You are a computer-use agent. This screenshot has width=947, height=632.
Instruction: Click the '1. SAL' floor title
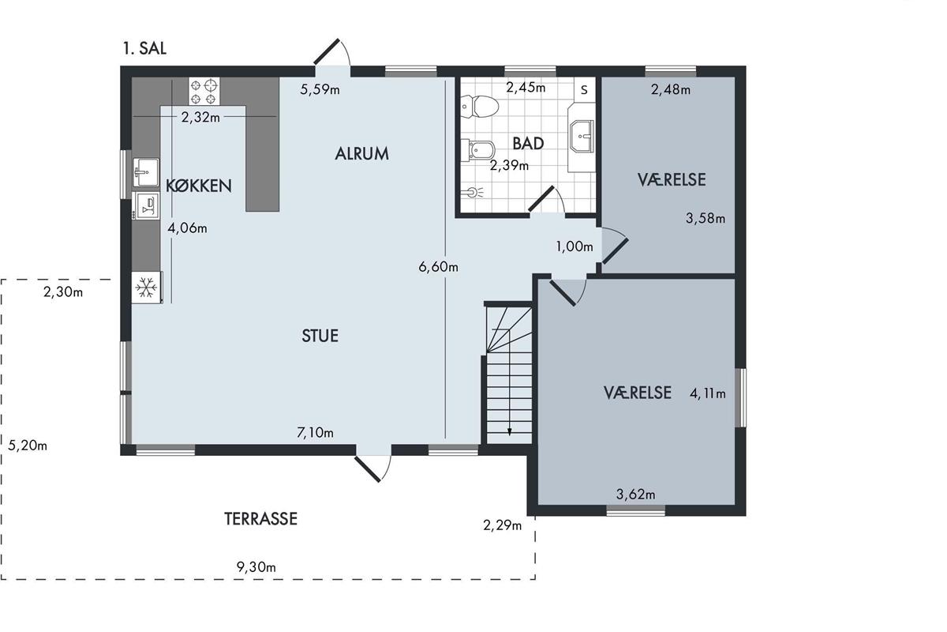[x=144, y=48]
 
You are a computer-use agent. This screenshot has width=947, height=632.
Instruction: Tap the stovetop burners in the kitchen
[x=204, y=92]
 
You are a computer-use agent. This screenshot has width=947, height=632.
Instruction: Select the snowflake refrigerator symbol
[x=146, y=288]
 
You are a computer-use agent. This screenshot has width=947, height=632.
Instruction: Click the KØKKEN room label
[x=199, y=186]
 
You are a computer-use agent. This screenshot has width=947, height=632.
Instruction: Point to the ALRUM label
[x=362, y=154]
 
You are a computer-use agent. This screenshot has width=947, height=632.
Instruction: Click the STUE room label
[x=320, y=336]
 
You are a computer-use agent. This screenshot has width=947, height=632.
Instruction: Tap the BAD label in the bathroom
[x=528, y=144]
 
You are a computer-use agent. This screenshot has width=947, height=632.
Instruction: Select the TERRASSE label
[x=261, y=519]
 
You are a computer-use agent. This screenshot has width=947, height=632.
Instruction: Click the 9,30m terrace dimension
[x=256, y=566]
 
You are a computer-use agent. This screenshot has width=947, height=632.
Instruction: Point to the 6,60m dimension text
[x=439, y=267]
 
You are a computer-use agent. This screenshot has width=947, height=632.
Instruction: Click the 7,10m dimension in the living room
[x=316, y=433]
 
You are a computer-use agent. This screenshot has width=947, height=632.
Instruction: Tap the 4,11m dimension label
[x=708, y=393]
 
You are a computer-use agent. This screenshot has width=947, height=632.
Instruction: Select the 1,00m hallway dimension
[x=575, y=246]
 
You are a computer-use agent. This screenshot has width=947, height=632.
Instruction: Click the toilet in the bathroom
[x=480, y=106]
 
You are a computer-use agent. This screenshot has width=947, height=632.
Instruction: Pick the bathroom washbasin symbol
[x=582, y=136]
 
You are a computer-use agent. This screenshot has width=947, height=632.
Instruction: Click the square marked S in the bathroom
[x=584, y=89]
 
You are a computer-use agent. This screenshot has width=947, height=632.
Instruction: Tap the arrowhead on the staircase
[x=510, y=432]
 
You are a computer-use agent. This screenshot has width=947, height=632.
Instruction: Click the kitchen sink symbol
[x=146, y=172]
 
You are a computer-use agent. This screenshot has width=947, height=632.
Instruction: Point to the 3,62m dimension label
[x=636, y=494]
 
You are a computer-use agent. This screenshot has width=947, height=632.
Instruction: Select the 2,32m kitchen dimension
[x=200, y=117]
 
